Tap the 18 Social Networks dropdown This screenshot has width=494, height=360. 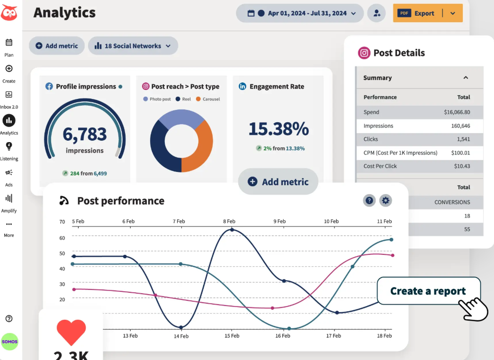pyautogui.click(x=133, y=46)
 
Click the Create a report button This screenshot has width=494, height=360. pyautogui.click(x=428, y=291)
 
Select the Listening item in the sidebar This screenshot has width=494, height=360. pyautogui.click(x=9, y=151)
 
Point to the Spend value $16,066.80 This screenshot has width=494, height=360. pyautogui.click(x=457, y=112)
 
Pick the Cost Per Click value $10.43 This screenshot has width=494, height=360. pyautogui.click(x=462, y=166)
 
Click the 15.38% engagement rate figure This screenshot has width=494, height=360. pyautogui.click(x=278, y=129)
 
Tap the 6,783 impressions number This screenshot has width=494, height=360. pyautogui.click(x=85, y=134)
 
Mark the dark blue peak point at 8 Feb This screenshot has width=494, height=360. pyautogui.click(x=232, y=230)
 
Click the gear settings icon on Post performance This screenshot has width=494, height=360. pyautogui.click(x=386, y=200)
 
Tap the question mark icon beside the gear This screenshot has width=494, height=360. pyautogui.click(x=369, y=200)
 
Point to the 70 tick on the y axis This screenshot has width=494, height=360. pyautogui.click(x=62, y=222)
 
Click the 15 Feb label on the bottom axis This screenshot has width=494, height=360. pyautogui.click(x=232, y=336)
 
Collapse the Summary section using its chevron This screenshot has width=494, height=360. pyautogui.click(x=466, y=78)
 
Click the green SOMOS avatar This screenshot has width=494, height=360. pyautogui.click(x=9, y=342)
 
